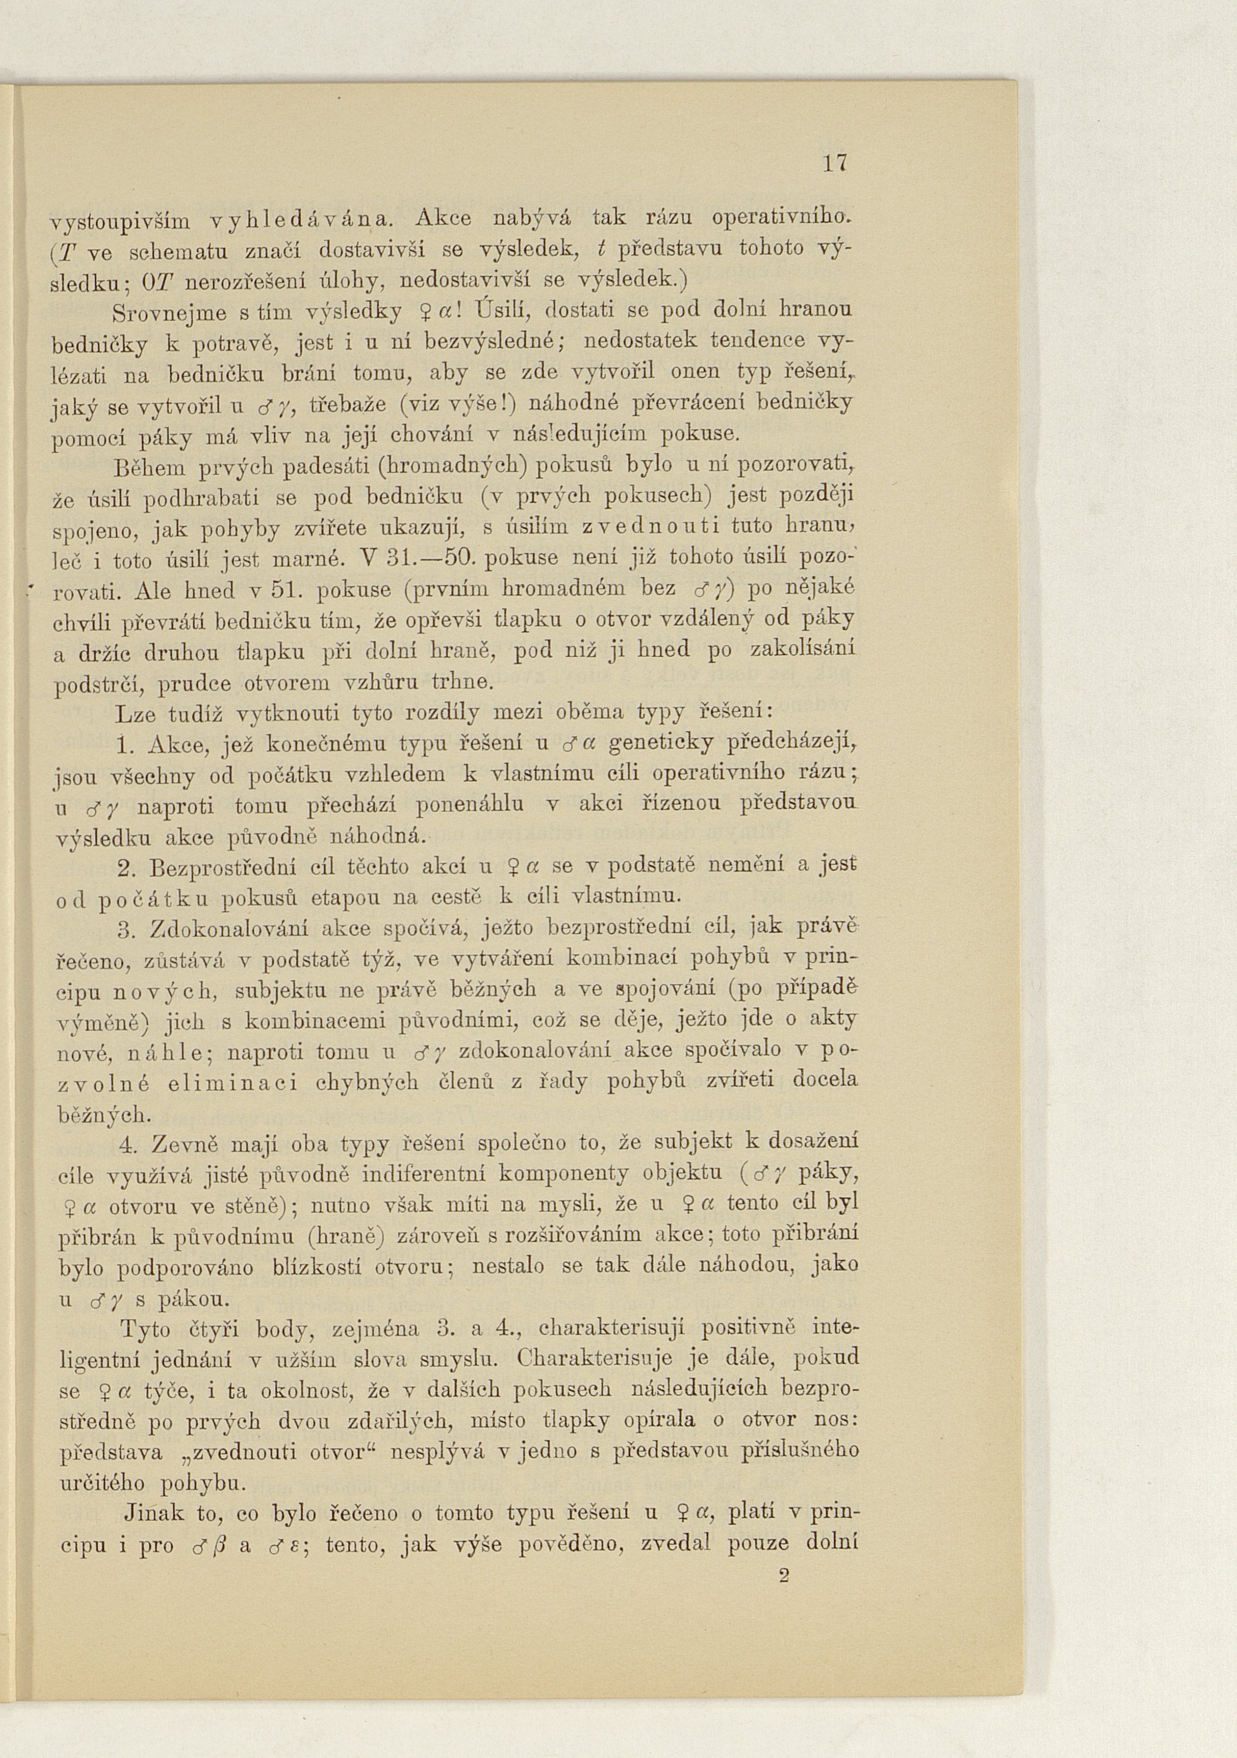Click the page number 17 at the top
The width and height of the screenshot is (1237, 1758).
click(835, 164)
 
